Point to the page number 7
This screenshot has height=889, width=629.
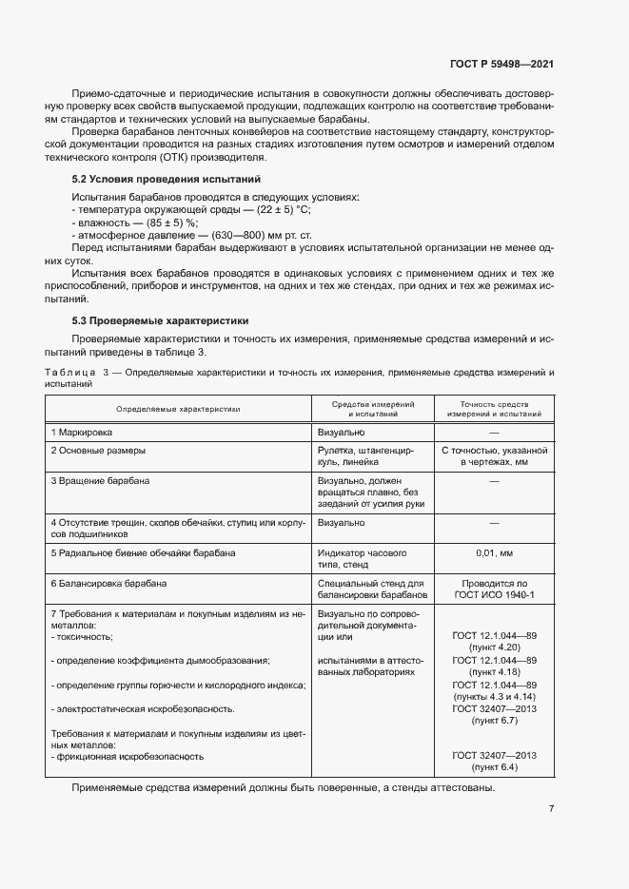[551, 809]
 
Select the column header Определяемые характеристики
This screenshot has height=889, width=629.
[178, 410]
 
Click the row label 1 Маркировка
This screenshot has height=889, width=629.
[83, 432]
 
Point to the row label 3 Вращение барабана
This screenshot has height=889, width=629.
[100, 481]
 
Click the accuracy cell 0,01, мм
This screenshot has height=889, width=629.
[493, 552]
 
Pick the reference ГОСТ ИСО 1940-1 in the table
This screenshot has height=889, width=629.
[493, 594]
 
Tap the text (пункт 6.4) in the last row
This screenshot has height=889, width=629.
[493, 765]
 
